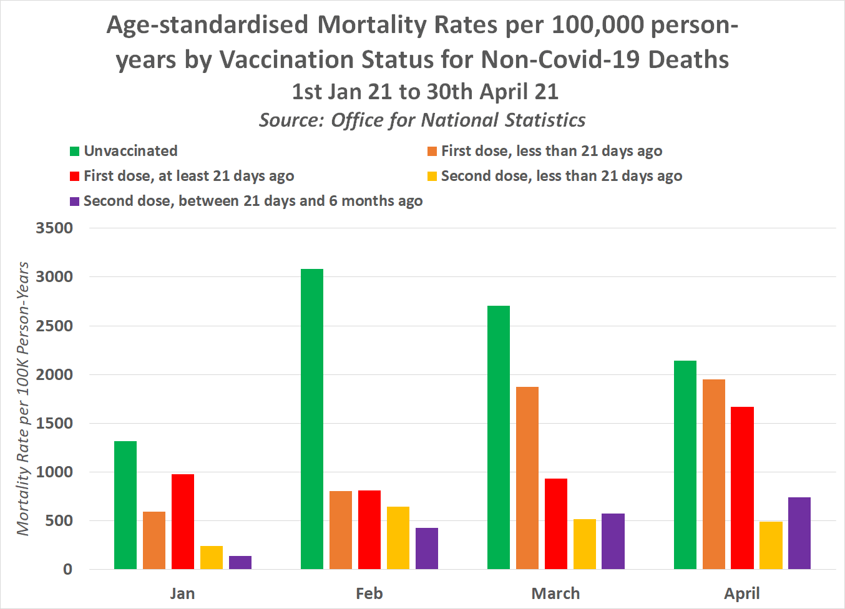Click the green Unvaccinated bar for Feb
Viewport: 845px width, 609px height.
312,419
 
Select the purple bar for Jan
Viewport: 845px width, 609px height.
240,562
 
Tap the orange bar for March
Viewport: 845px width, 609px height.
527,478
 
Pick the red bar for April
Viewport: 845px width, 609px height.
742,488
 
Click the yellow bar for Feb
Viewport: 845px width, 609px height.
398,538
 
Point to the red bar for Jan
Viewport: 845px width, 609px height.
183,522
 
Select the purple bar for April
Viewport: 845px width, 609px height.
799,533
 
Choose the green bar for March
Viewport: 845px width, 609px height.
499,437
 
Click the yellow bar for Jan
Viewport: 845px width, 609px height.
212,557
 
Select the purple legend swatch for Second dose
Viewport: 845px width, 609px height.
75,202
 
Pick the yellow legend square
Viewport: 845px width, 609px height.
432,177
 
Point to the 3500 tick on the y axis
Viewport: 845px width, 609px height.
54,228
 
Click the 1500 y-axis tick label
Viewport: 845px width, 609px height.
54,423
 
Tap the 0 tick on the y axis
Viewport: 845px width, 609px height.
67,569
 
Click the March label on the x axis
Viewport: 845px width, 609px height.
555,593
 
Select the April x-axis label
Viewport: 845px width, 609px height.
742,593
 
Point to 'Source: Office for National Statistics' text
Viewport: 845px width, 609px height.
422,120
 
